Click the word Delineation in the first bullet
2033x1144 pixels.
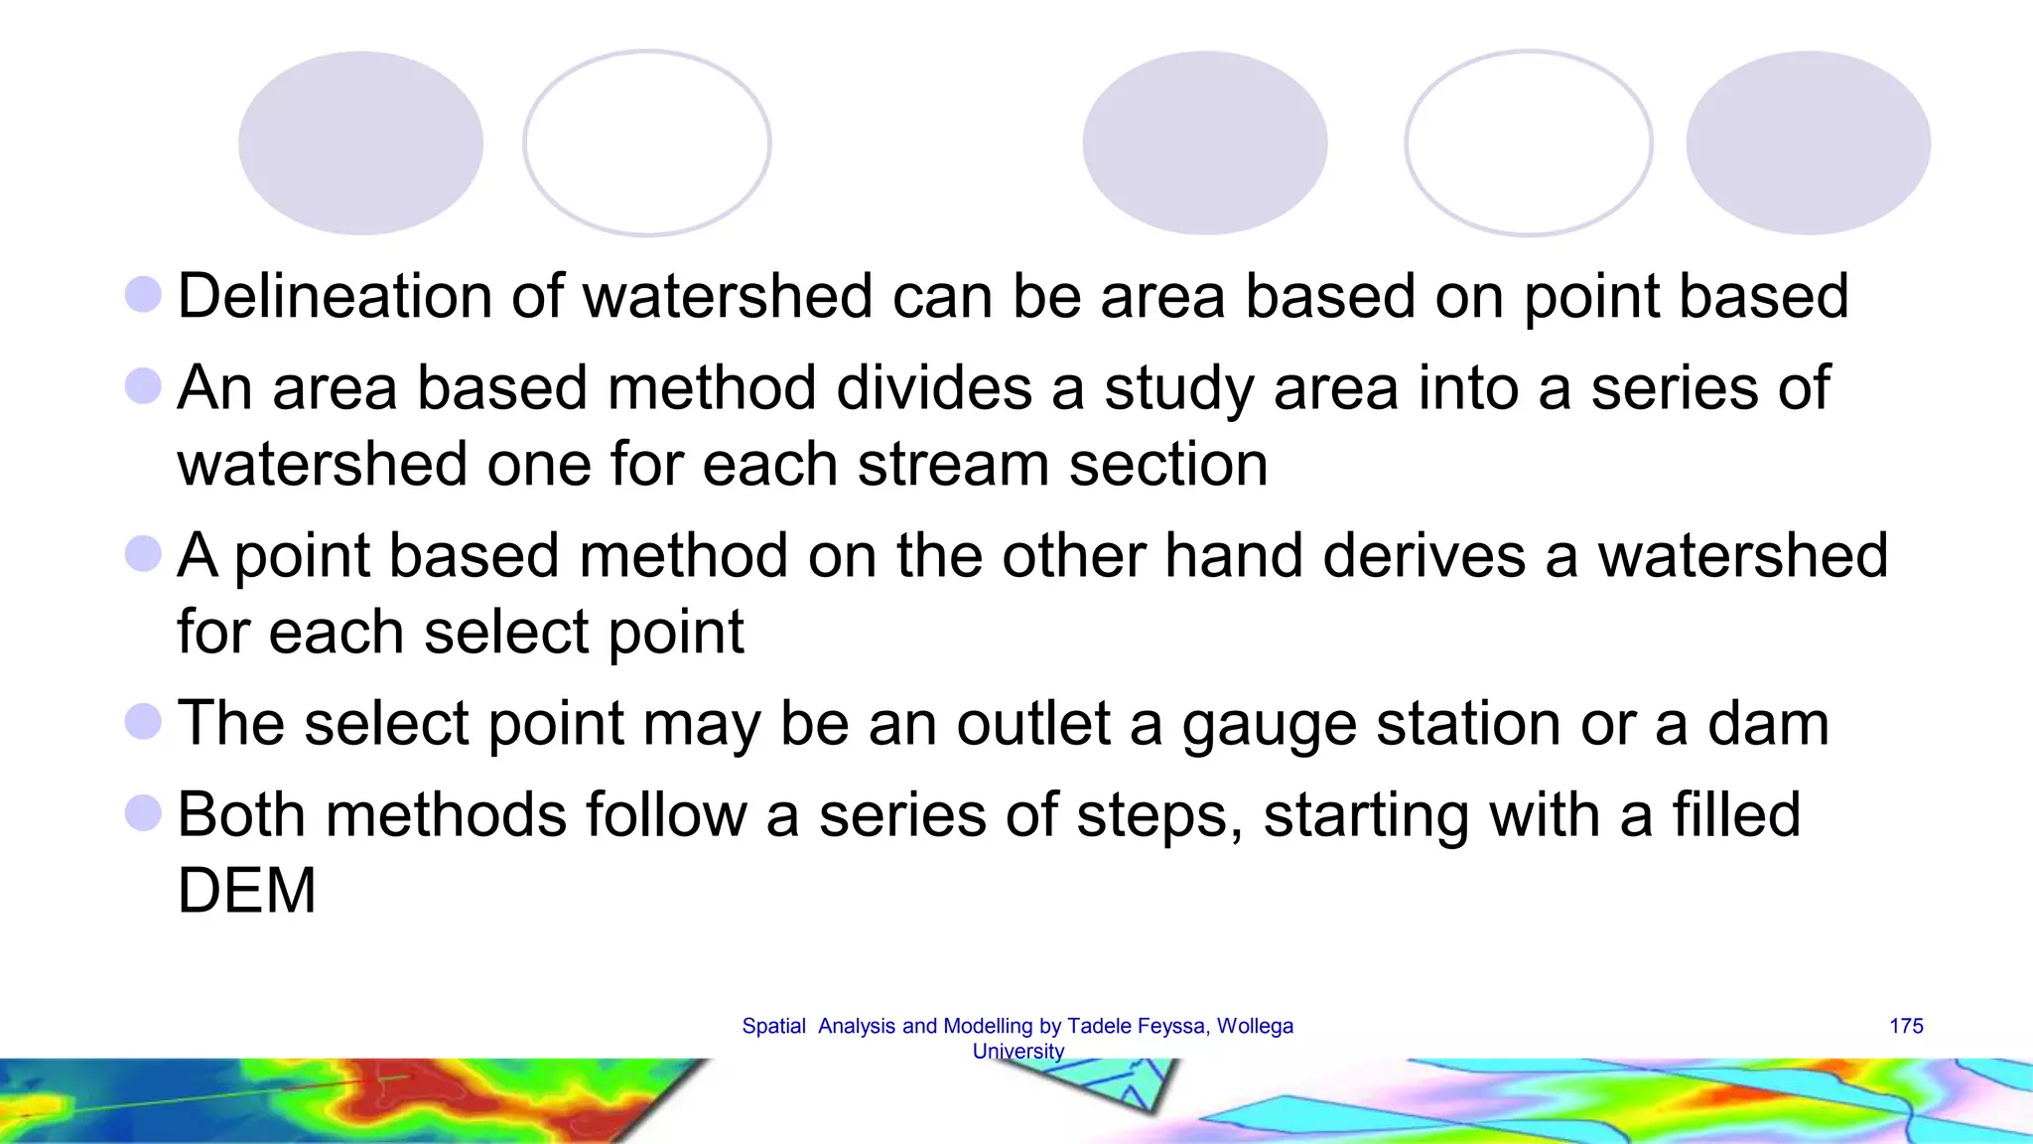tap(335, 296)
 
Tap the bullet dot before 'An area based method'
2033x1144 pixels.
tap(144, 386)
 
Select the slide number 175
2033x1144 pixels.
tap(1906, 1026)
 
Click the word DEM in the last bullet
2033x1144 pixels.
tap(246, 891)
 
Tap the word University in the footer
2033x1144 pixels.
tap(1017, 1051)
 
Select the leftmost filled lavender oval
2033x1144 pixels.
tap(360, 143)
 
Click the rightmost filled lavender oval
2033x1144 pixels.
tap(1808, 143)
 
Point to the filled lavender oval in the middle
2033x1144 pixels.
tap(1204, 143)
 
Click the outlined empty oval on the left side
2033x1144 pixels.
tap(647, 143)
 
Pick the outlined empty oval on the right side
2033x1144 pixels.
tap(1529, 143)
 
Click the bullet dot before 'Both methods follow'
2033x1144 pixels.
tap(144, 813)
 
